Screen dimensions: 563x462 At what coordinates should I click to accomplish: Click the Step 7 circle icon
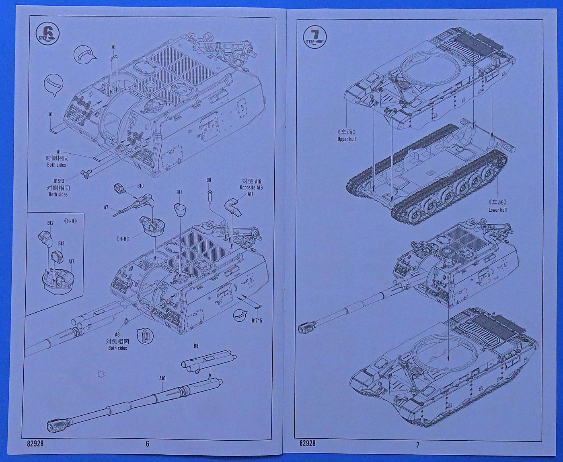click(315, 36)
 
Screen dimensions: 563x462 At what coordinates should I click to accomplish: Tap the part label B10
click(140, 186)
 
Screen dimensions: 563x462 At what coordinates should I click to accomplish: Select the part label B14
click(179, 192)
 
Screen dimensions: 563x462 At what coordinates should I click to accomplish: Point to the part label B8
click(209, 180)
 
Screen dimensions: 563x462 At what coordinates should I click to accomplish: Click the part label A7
click(106, 208)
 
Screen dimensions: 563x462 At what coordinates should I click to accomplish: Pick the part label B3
click(196, 346)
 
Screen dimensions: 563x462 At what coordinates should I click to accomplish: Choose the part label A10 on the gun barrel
click(162, 378)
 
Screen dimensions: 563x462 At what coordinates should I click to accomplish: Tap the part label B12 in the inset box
click(50, 223)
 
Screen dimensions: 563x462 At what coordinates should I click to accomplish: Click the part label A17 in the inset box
click(71, 262)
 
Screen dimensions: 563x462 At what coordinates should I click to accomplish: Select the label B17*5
click(257, 321)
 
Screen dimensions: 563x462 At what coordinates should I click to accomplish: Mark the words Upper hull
click(346, 139)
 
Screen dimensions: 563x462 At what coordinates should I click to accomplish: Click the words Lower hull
click(497, 210)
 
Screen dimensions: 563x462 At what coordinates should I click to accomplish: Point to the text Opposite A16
click(251, 188)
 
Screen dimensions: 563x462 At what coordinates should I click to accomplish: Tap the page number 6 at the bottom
click(147, 443)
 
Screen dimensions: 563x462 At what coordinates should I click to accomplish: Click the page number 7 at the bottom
click(417, 444)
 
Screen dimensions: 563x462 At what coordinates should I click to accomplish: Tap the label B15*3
click(58, 181)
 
